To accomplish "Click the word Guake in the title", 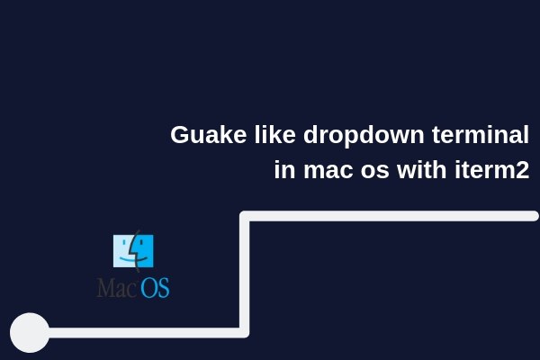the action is pyautogui.click(x=209, y=134).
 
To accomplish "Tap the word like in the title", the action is pyautogui.click(x=274, y=134).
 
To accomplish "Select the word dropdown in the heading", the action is pyautogui.click(x=364, y=137).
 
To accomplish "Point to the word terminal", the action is pyautogui.click(x=481, y=134).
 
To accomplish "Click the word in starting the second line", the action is pyautogui.click(x=284, y=169).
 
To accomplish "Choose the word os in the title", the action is pyautogui.click(x=375, y=171).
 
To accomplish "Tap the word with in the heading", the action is pyautogui.click(x=421, y=169).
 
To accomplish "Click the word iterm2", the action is pyautogui.click(x=492, y=169).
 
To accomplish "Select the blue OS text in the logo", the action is pyautogui.click(x=155, y=288).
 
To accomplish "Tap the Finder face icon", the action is pyautogui.click(x=133, y=251).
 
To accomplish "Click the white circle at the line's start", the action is pyautogui.click(x=30, y=332).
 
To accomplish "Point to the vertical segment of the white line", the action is pyautogui.click(x=244, y=274).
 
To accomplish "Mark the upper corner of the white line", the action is pyautogui.click(x=244, y=216).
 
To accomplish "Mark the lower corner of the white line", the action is pyautogui.click(x=244, y=332).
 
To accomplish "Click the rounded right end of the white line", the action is pyautogui.click(x=535, y=216).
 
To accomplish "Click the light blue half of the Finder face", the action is pyautogui.click(x=123, y=251).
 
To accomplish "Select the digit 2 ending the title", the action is pyautogui.click(x=523, y=170).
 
